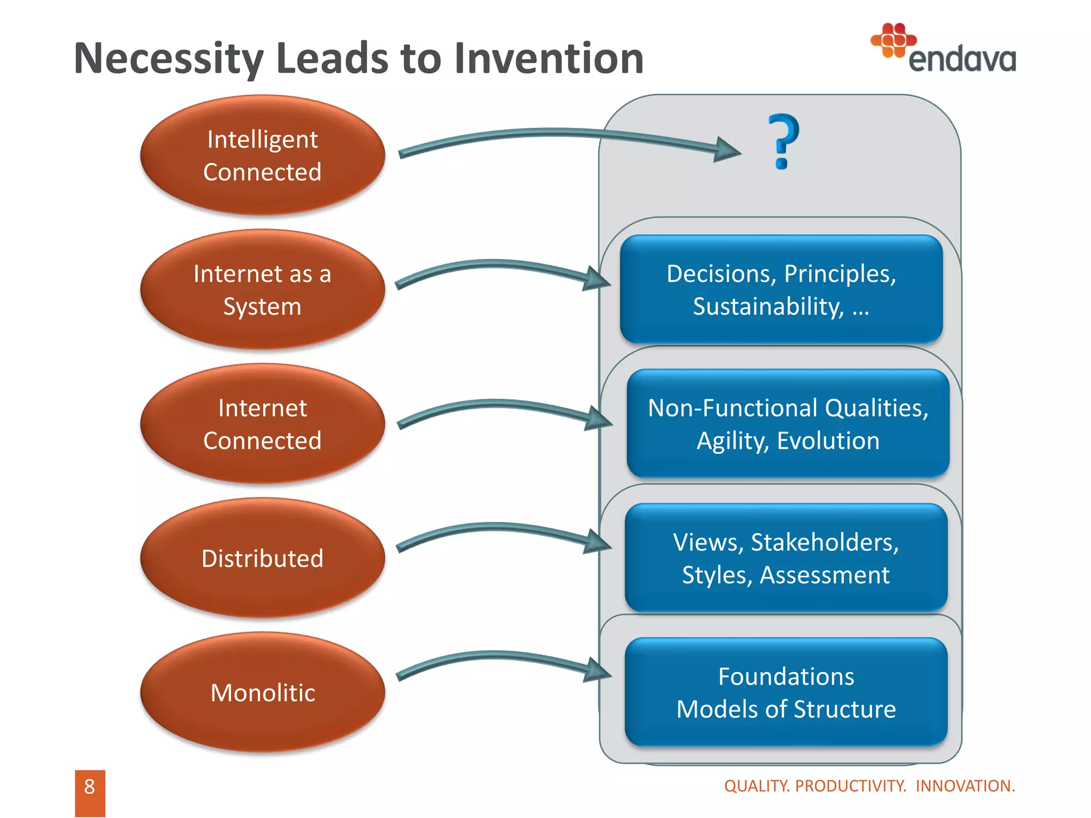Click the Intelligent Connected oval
pyautogui.click(x=263, y=156)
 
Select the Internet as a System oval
pyautogui.click(x=263, y=290)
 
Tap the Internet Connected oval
pyautogui.click(x=263, y=424)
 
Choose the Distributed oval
pyautogui.click(x=263, y=558)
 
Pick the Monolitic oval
pyautogui.click(x=263, y=692)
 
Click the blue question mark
pyautogui.click(x=783, y=142)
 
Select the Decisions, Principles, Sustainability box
pyautogui.click(x=781, y=290)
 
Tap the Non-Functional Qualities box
pyautogui.click(x=788, y=424)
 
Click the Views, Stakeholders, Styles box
pyautogui.click(x=786, y=558)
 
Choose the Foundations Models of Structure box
pyautogui.click(x=786, y=692)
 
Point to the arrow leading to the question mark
pyautogui.click(x=559, y=134)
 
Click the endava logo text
pyautogui.click(x=962, y=59)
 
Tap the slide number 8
pyautogui.click(x=89, y=787)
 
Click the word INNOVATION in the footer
pyautogui.click(x=965, y=786)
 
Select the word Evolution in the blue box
pyautogui.click(x=828, y=441)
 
